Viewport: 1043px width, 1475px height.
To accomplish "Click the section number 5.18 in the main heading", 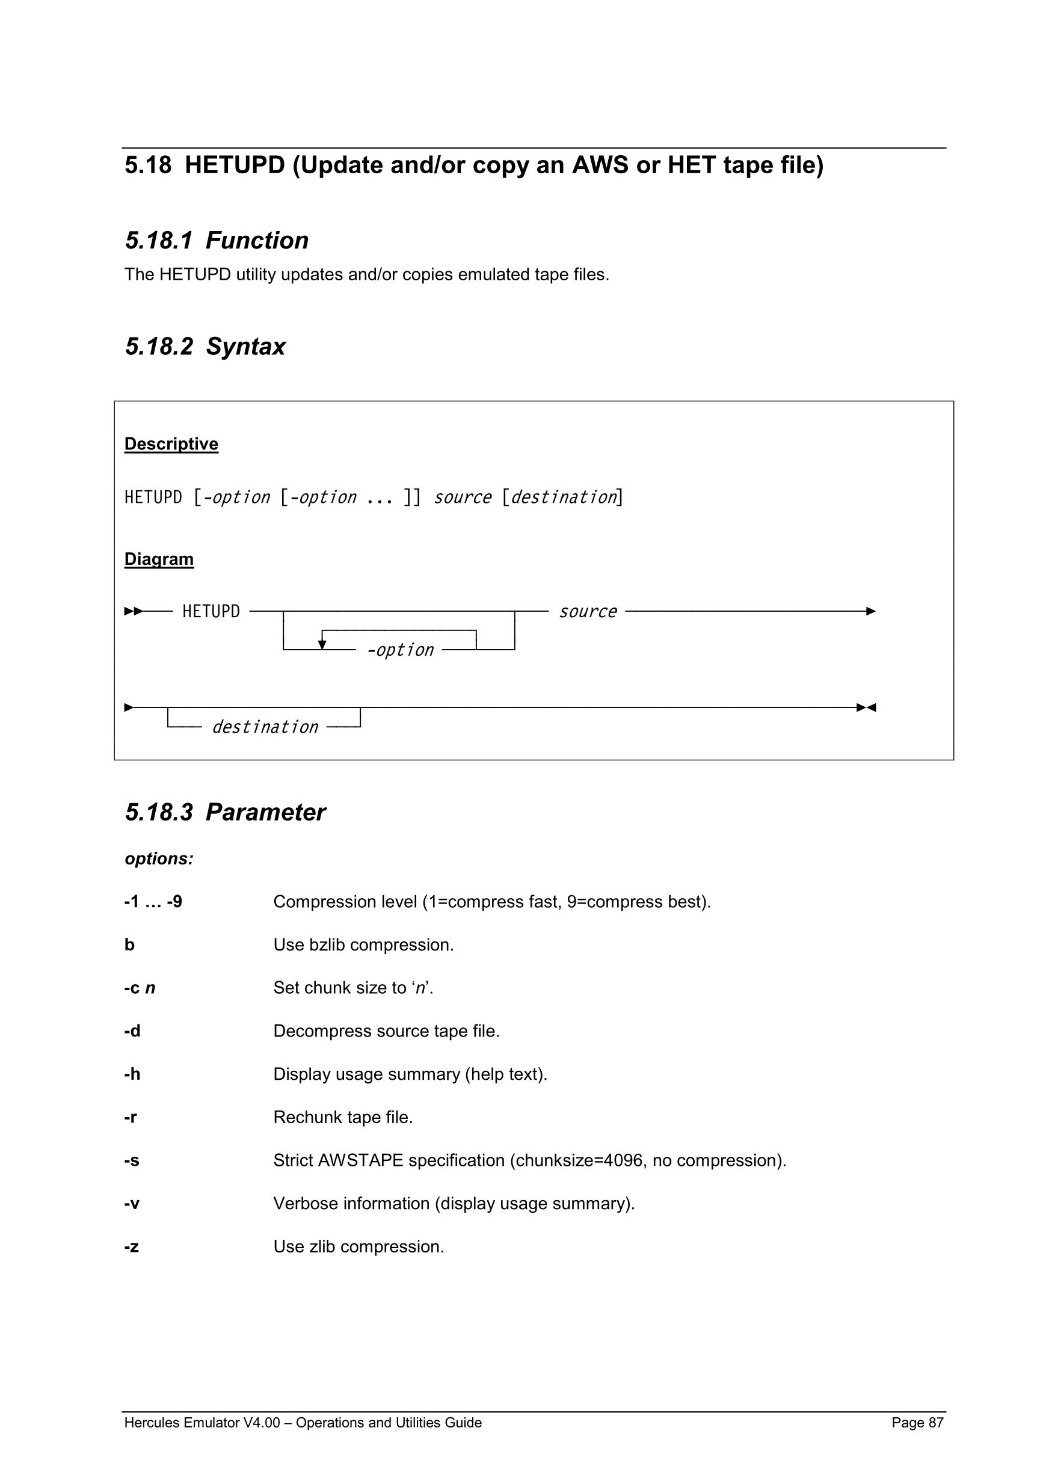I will (x=148, y=166).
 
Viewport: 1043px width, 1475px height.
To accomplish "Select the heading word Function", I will (x=257, y=241).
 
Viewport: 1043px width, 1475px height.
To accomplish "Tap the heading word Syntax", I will (x=245, y=347).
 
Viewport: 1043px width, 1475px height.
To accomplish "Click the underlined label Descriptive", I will (x=171, y=444).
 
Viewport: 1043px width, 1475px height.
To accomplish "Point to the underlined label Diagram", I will (x=159, y=559).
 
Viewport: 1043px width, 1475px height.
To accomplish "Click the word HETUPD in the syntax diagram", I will (x=211, y=611).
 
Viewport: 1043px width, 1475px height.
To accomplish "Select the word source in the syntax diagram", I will (x=588, y=612).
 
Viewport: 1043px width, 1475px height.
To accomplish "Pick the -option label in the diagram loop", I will (x=400, y=650).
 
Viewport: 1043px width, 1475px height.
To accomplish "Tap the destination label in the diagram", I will (x=265, y=727).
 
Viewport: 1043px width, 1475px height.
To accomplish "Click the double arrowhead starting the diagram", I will (x=133, y=611).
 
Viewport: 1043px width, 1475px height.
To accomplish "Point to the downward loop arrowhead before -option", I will (x=322, y=644).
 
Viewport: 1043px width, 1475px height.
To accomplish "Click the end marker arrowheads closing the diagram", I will (x=866, y=707).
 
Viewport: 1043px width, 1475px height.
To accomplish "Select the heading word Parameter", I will (x=265, y=813).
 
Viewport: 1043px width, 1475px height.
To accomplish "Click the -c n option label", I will (x=140, y=988).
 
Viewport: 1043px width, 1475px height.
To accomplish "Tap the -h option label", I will (x=132, y=1074).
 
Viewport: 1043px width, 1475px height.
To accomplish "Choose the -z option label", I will (x=131, y=1247).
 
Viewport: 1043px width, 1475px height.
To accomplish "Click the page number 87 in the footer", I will (x=936, y=1423).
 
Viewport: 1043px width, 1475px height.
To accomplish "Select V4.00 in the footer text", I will (x=262, y=1423).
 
